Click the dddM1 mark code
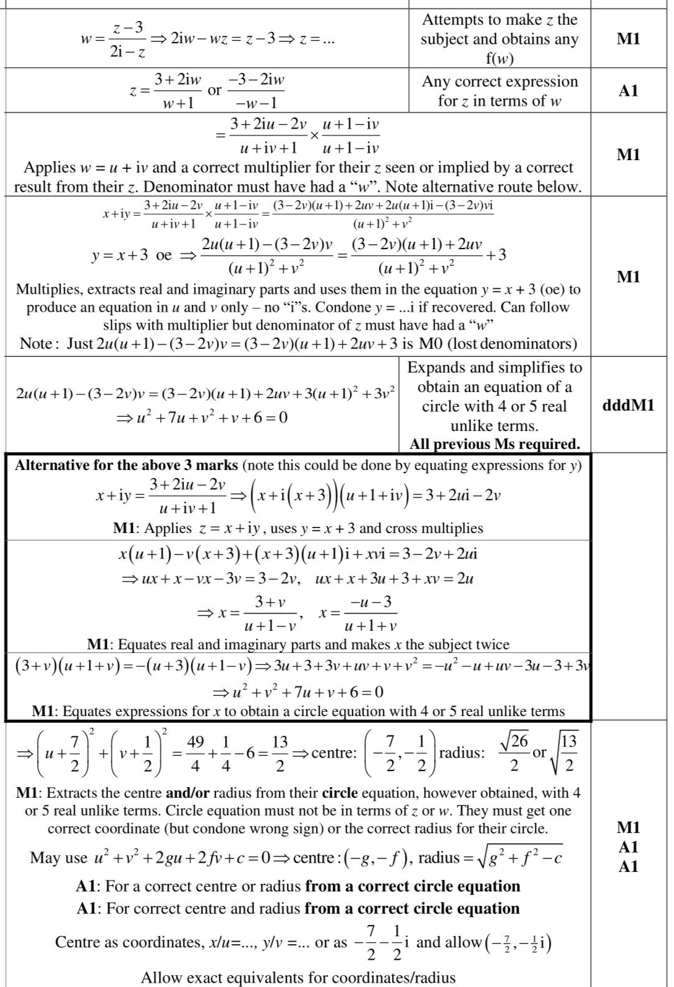628,406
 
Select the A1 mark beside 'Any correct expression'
628,91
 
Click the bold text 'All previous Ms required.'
494,444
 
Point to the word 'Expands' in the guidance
433,367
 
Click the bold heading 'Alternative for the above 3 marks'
127,465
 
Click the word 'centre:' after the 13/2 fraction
334,753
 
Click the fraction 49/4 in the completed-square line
195,753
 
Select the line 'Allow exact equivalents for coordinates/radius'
298,978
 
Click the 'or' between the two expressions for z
214,90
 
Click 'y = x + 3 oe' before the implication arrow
131,255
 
